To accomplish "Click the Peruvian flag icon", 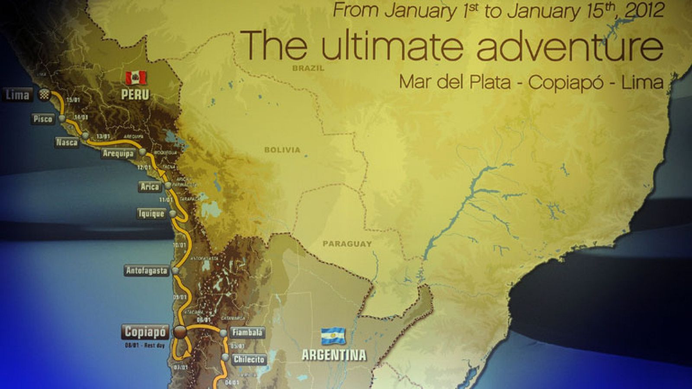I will click(x=136, y=78).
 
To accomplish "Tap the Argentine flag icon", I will click(x=333, y=336).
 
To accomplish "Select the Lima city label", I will click(x=17, y=95).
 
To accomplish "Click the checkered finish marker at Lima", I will click(x=44, y=95).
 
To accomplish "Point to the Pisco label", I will click(x=43, y=119).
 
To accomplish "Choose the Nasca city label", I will click(x=67, y=142).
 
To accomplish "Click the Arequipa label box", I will click(x=118, y=153).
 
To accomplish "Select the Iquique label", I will click(x=151, y=213).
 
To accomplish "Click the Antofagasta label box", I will click(x=147, y=271).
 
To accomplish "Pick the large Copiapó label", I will click(x=145, y=332).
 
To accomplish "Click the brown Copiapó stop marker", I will click(x=180, y=332).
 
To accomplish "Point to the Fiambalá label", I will click(x=248, y=332).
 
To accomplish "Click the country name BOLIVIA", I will click(x=282, y=150).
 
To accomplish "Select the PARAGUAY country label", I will click(x=347, y=244).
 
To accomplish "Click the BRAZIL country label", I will click(x=308, y=68).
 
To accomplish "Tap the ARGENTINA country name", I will click(x=334, y=355).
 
